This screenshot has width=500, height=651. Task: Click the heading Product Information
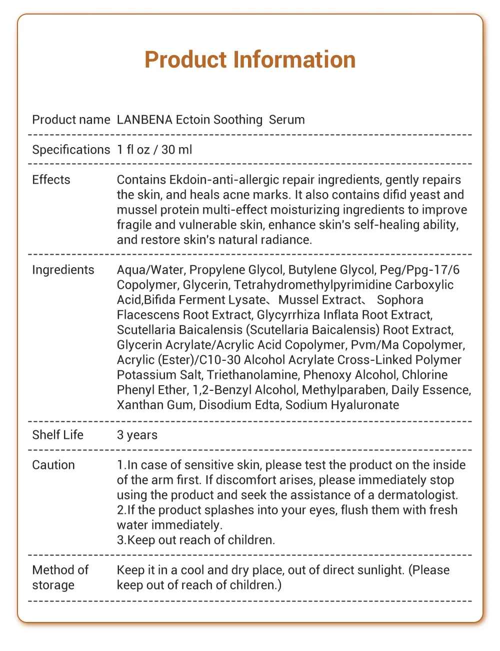click(250, 60)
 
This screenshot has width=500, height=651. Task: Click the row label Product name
click(71, 120)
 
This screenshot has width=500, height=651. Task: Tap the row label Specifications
click(71, 150)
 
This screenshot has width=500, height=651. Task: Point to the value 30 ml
click(176, 150)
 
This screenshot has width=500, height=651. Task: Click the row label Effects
click(51, 180)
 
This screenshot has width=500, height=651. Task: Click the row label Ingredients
click(63, 270)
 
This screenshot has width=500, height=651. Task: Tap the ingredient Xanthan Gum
click(154, 405)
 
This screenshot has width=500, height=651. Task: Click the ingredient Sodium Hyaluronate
click(342, 405)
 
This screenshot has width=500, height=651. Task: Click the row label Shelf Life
click(57, 435)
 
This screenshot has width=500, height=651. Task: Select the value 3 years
click(137, 435)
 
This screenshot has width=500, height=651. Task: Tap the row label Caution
click(53, 465)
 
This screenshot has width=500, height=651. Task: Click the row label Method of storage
click(60, 577)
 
